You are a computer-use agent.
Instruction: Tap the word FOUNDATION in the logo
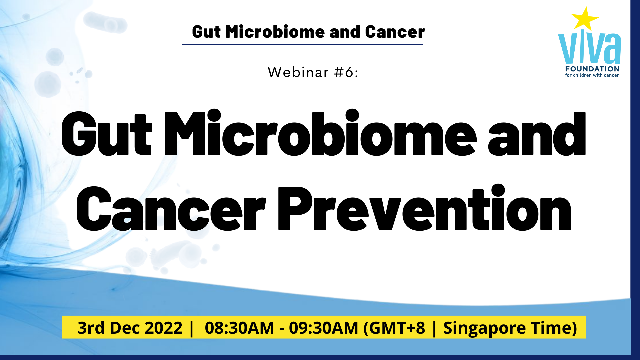(592, 69)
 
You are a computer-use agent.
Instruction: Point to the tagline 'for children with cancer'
(592, 75)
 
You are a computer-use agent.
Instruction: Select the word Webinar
(298, 72)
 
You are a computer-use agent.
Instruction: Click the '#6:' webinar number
(346, 72)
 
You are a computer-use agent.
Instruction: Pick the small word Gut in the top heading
(206, 32)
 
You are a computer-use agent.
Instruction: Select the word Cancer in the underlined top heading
(395, 32)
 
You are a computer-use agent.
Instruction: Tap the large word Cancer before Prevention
(171, 209)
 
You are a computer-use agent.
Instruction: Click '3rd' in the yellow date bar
(91, 328)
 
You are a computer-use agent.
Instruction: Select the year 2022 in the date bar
(163, 328)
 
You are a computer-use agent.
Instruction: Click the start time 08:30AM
(239, 328)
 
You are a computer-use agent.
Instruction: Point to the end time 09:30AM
(323, 328)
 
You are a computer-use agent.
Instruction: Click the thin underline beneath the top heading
(302, 44)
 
